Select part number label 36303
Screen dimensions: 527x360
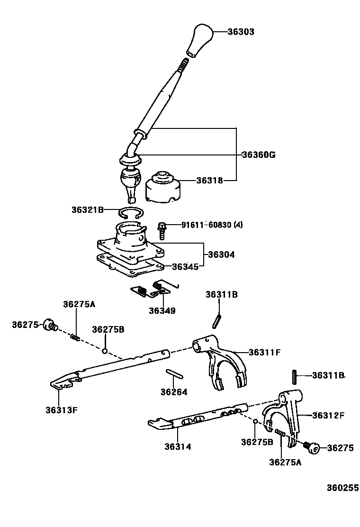tap(241, 32)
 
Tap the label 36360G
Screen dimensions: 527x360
tap(258, 155)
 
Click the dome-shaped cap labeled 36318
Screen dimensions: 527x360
tap(164, 186)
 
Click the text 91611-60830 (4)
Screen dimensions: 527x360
tap(212, 225)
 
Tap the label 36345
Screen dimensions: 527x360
tap(185, 267)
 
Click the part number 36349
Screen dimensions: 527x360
tap(162, 311)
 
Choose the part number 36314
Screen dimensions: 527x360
tap(178, 446)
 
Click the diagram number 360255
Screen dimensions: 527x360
tap(342, 488)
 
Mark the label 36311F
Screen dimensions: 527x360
tap(265, 352)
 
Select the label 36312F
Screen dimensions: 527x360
tap(328, 416)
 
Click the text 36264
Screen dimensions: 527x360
tap(173, 392)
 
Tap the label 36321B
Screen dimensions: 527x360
tap(87, 209)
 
